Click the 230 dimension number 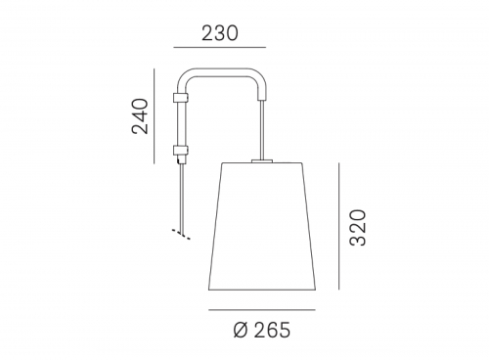(x=220, y=33)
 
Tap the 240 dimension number (x=140, y=116)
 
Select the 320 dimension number (x=358, y=228)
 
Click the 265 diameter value (x=272, y=330)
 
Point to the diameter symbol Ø (x=241, y=330)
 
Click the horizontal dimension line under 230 (x=220, y=48)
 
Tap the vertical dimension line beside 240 (x=155, y=116)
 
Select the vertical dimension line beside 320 (x=339, y=226)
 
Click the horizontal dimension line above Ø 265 (x=262, y=310)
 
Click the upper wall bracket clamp (x=180, y=97)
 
